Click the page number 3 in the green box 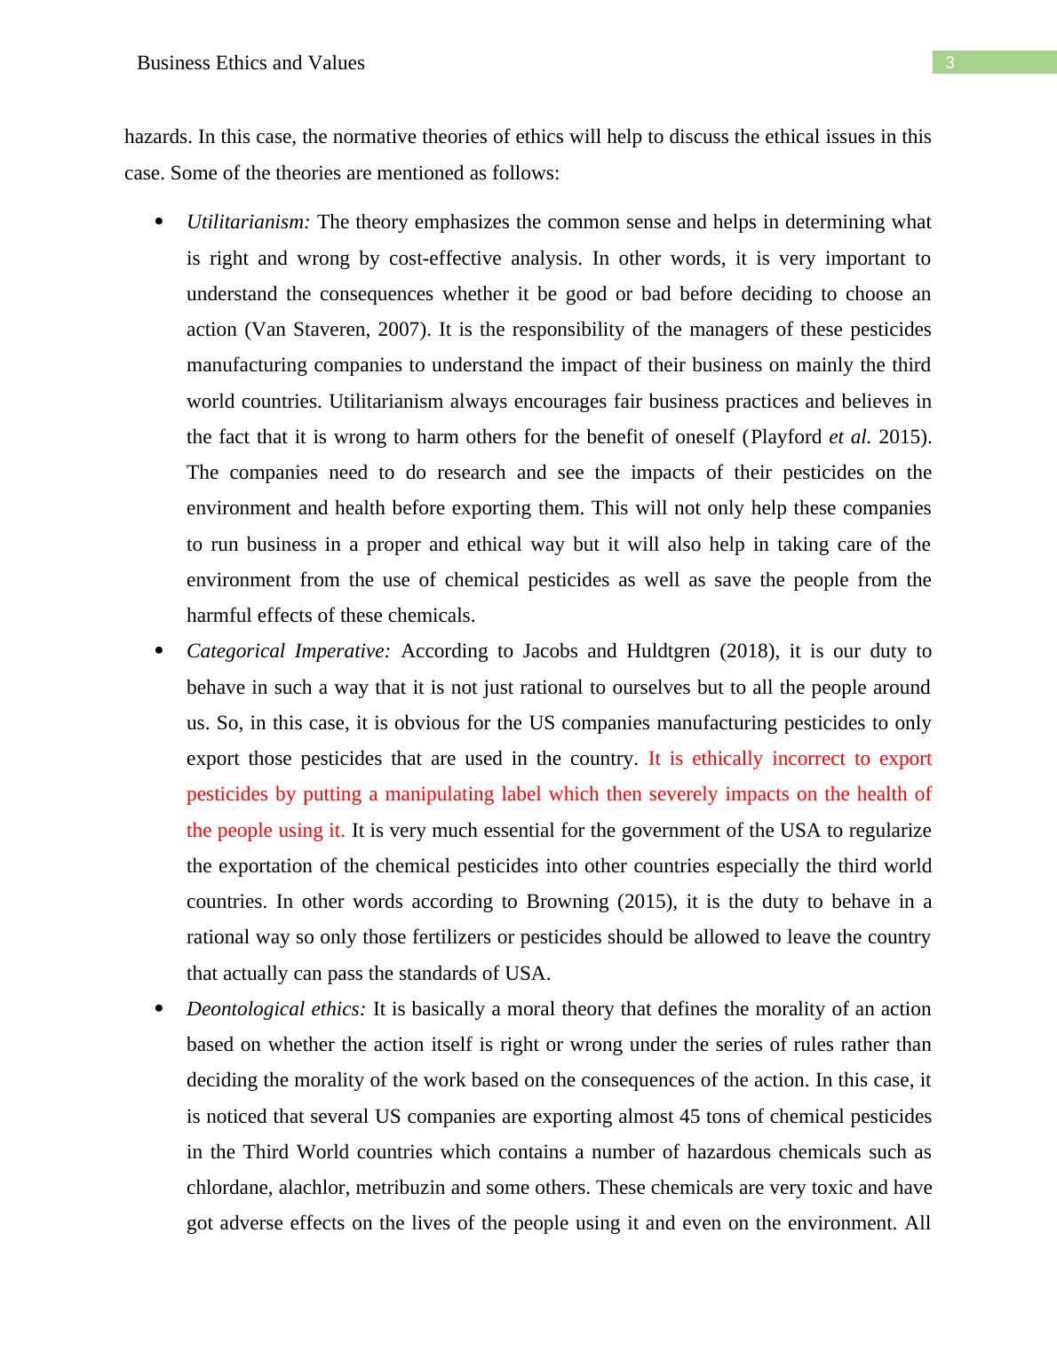(x=950, y=63)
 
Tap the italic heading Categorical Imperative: (x=289, y=651)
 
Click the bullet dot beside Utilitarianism (x=160, y=222)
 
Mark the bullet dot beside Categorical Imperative (x=160, y=651)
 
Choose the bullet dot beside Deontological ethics (x=160, y=1009)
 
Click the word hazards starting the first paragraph (x=156, y=137)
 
